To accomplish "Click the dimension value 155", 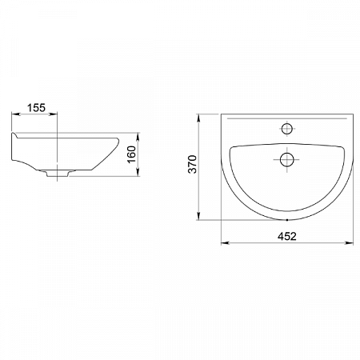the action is pos(36,108).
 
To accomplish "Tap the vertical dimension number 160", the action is pos(131,154).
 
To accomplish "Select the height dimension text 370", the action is pos(192,164).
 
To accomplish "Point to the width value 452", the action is pos(287,236).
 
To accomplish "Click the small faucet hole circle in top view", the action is pos(287,129).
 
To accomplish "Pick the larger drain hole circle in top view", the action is pos(286,160).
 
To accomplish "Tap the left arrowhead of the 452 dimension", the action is pos(225,242).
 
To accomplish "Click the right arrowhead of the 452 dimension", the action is pos(350,242).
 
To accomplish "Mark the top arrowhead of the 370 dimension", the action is pos(198,118).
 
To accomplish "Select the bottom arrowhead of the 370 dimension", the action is pos(198,216).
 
